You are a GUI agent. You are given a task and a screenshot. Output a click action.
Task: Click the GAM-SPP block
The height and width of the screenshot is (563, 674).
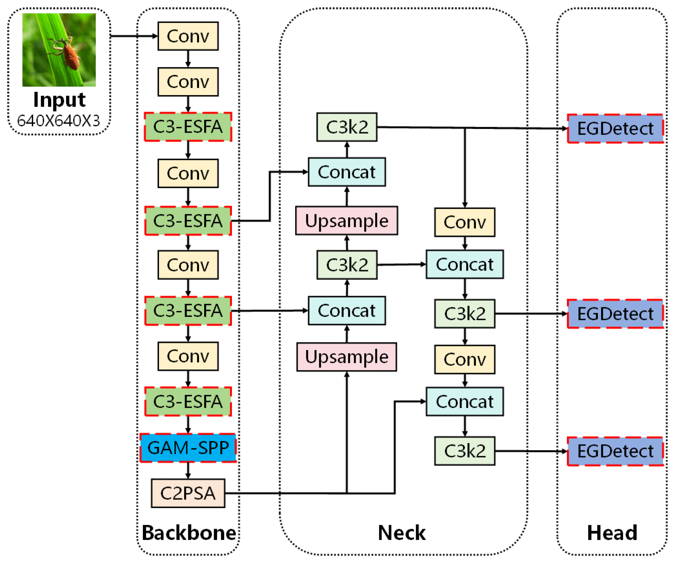pyautogui.click(x=188, y=448)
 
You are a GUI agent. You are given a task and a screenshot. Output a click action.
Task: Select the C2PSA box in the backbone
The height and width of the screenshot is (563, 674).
pyautogui.click(x=188, y=493)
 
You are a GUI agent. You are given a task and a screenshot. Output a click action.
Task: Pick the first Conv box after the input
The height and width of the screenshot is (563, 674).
pyautogui.click(x=188, y=36)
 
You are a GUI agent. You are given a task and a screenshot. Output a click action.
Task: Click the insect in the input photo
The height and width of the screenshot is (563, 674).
pyautogui.click(x=69, y=53)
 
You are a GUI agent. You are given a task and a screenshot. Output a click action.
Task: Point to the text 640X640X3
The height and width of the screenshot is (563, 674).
pyautogui.click(x=58, y=121)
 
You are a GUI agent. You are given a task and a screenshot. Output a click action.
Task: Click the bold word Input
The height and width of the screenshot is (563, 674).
pyautogui.click(x=59, y=100)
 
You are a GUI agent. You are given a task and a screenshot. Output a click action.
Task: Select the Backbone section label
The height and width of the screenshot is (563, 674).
pyautogui.click(x=189, y=533)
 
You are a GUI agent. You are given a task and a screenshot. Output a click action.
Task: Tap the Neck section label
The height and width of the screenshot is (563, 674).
pyautogui.click(x=401, y=533)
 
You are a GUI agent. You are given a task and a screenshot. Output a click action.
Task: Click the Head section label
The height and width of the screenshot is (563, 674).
pyautogui.click(x=612, y=533)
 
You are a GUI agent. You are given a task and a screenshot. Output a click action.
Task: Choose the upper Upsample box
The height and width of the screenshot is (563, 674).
pyautogui.click(x=347, y=221)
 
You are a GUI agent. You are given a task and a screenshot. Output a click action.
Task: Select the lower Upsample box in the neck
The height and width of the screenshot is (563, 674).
pyautogui.click(x=347, y=357)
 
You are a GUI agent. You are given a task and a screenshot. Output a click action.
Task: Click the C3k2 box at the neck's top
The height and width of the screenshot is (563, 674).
pyautogui.click(x=347, y=127)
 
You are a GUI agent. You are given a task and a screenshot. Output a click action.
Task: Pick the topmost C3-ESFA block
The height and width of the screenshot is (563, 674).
pyautogui.click(x=188, y=127)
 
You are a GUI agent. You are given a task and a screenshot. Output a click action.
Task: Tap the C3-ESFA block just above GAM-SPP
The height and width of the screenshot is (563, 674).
pyautogui.click(x=188, y=402)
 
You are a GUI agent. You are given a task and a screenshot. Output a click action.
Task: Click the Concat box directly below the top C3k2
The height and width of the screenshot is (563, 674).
pyautogui.click(x=347, y=172)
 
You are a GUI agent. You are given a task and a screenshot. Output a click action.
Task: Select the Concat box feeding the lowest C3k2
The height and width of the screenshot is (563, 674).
pyautogui.click(x=464, y=402)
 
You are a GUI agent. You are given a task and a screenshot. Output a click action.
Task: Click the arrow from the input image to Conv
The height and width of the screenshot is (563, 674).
pyautogui.click(x=134, y=36)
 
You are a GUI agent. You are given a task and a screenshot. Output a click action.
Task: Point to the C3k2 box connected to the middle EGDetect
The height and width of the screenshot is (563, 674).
pyautogui.click(x=464, y=314)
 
